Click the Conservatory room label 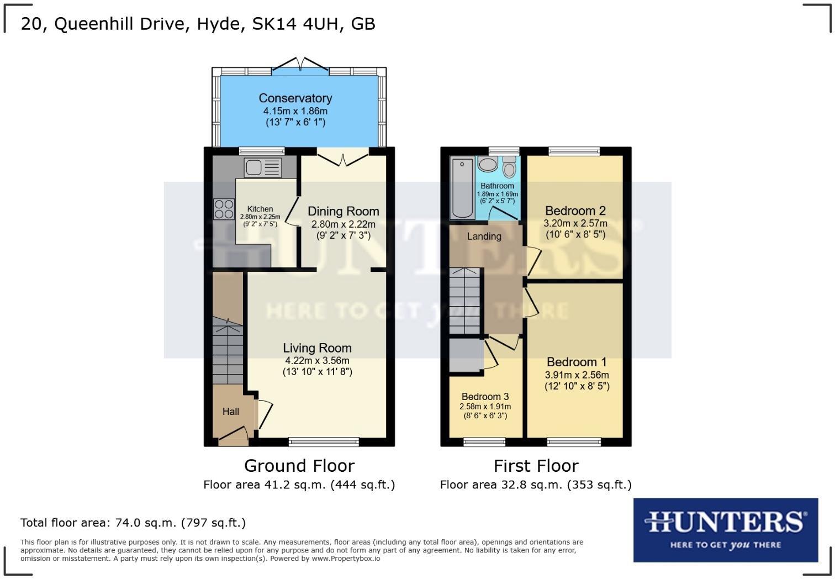tap(295, 98)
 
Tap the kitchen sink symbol tap(263, 167)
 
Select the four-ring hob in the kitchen tap(224, 209)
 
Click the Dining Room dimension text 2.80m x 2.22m tap(343, 224)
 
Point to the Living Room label tap(317, 348)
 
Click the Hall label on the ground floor tap(231, 412)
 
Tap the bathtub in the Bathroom tap(462, 188)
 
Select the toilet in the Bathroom tap(509, 167)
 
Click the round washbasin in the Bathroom tap(488, 164)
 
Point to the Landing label tap(484, 236)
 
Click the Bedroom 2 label tap(575, 210)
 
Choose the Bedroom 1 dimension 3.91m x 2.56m tap(577, 375)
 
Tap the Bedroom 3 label tap(485, 397)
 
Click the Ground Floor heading tap(299, 466)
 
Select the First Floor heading tap(536, 466)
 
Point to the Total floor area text tap(133, 523)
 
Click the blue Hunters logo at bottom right tap(725, 529)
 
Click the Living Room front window tap(324, 441)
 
